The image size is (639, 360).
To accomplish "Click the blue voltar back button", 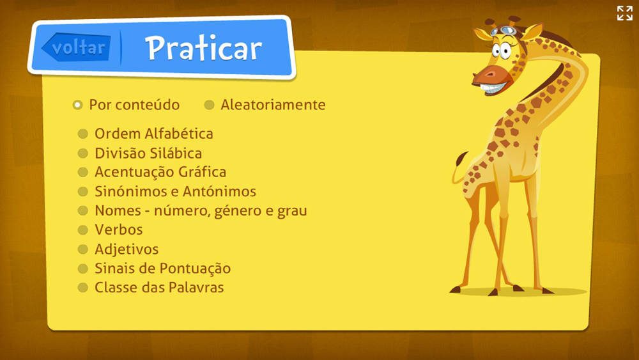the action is pyautogui.click(x=76, y=47).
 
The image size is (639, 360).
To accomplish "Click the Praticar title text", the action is pyautogui.click(x=203, y=48).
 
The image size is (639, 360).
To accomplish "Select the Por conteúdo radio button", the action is pyautogui.click(x=77, y=106).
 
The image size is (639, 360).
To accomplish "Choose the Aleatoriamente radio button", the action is pyautogui.click(x=209, y=106).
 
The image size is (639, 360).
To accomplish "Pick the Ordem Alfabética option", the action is pyautogui.click(x=153, y=134).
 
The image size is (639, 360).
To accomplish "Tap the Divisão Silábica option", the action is pyautogui.click(x=148, y=153).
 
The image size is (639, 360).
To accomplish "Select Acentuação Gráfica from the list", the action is pyautogui.click(x=160, y=172).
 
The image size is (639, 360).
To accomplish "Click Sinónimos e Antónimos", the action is pyautogui.click(x=175, y=191).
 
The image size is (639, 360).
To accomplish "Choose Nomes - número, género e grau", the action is pyautogui.click(x=201, y=211).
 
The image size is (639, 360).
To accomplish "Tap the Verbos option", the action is pyautogui.click(x=119, y=230).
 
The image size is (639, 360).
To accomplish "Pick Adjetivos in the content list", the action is pyautogui.click(x=127, y=249).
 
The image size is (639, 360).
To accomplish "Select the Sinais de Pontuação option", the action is pyautogui.click(x=162, y=269).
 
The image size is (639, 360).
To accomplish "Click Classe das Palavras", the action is pyautogui.click(x=159, y=288).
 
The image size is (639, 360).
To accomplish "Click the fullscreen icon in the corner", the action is pyautogui.click(x=624, y=13).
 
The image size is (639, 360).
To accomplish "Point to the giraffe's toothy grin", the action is pyautogui.click(x=495, y=88).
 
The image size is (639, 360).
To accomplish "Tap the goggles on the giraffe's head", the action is pyautogui.click(x=504, y=31).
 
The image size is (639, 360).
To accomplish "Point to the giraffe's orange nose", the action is pyautogui.click(x=490, y=75).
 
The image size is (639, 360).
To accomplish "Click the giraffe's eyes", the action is pyautogui.click(x=501, y=51).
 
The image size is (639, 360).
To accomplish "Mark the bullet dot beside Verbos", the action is pyautogui.click(x=82, y=230).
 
